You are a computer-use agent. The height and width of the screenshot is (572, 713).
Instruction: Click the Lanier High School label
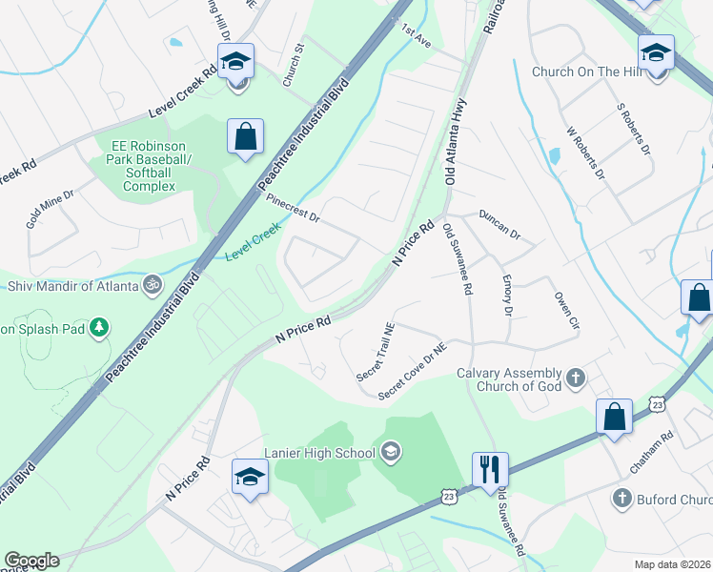pos(321,453)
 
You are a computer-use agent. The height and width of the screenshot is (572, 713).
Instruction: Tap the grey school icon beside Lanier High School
pos(390,450)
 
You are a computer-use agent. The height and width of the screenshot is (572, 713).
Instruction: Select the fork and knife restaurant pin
pos(490,469)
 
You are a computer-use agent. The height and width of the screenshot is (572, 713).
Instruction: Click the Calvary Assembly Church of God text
pos(510,379)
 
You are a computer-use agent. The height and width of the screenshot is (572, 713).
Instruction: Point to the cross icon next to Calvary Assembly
pos(575,378)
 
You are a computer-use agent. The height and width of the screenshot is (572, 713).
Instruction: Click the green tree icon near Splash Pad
pos(97,329)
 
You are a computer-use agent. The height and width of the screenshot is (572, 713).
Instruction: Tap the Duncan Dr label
pos(499,225)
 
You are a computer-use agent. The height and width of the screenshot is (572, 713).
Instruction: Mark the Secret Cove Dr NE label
pos(412,372)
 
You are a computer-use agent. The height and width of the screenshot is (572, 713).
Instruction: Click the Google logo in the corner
pos(31,561)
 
